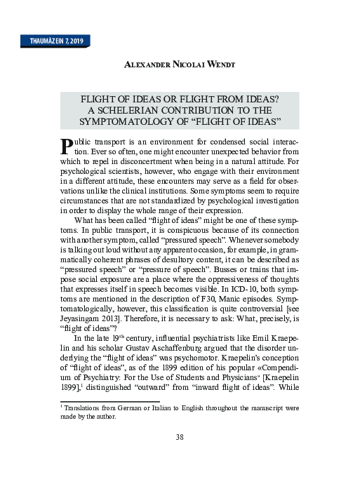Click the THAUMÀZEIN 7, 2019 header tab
click(53, 41)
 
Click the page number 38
click(180, 438)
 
